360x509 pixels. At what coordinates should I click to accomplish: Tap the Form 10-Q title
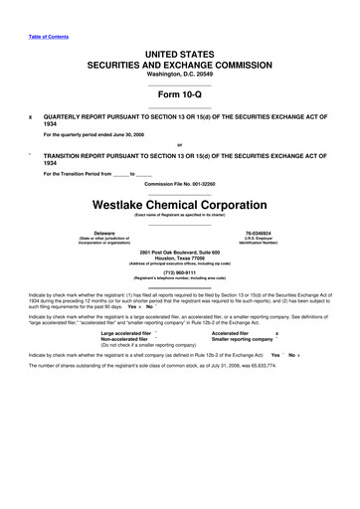180,95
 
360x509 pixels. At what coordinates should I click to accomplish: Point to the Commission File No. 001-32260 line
180,184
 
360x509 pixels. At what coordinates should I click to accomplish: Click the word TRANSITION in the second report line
69,158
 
